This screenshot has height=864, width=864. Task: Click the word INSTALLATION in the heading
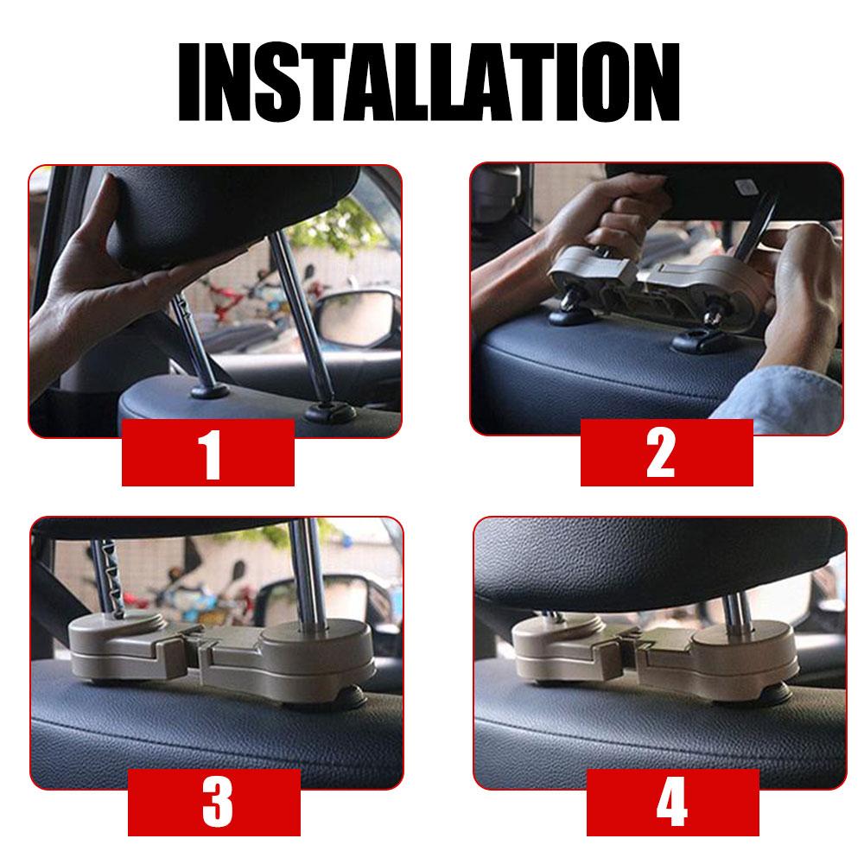click(x=429, y=81)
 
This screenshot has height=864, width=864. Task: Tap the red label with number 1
click(x=207, y=453)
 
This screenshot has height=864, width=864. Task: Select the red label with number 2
click(x=667, y=453)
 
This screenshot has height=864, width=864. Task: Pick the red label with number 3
click(x=213, y=803)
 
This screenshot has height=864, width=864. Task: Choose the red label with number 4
click(x=673, y=803)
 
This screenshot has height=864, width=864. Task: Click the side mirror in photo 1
click(x=359, y=319)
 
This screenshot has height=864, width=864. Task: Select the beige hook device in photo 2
click(x=658, y=287)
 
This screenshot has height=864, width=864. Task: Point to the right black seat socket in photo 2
click(x=701, y=342)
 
